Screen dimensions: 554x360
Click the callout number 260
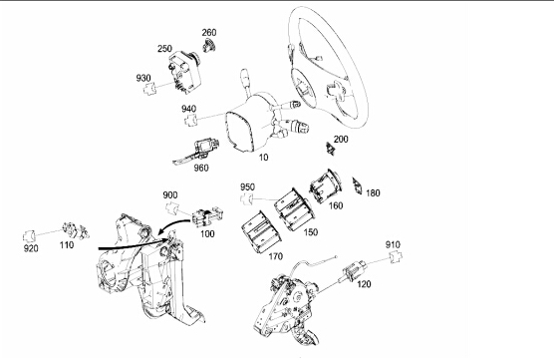[209, 33]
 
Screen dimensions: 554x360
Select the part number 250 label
[164, 49]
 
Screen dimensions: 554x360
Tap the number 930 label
[143, 78]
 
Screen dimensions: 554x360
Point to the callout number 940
[189, 109]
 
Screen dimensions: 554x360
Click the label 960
[201, 168]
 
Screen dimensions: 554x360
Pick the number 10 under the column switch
[264, 158]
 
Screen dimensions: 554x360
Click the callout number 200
[341, 140]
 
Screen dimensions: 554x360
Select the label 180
[373, 193]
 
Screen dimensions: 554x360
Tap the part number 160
[336, 205]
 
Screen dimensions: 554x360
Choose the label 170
[276, 256]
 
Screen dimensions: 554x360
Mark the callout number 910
[393, 244]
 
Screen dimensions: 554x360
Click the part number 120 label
[364, 284]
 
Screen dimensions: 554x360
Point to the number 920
[31, 248]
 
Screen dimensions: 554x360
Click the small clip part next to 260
[209, 46]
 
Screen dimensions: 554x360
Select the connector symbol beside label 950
[247, 199]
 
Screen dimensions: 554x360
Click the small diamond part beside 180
[357, 186]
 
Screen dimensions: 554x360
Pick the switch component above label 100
[207, 215]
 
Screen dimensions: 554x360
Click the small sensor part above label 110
[76, 230]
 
